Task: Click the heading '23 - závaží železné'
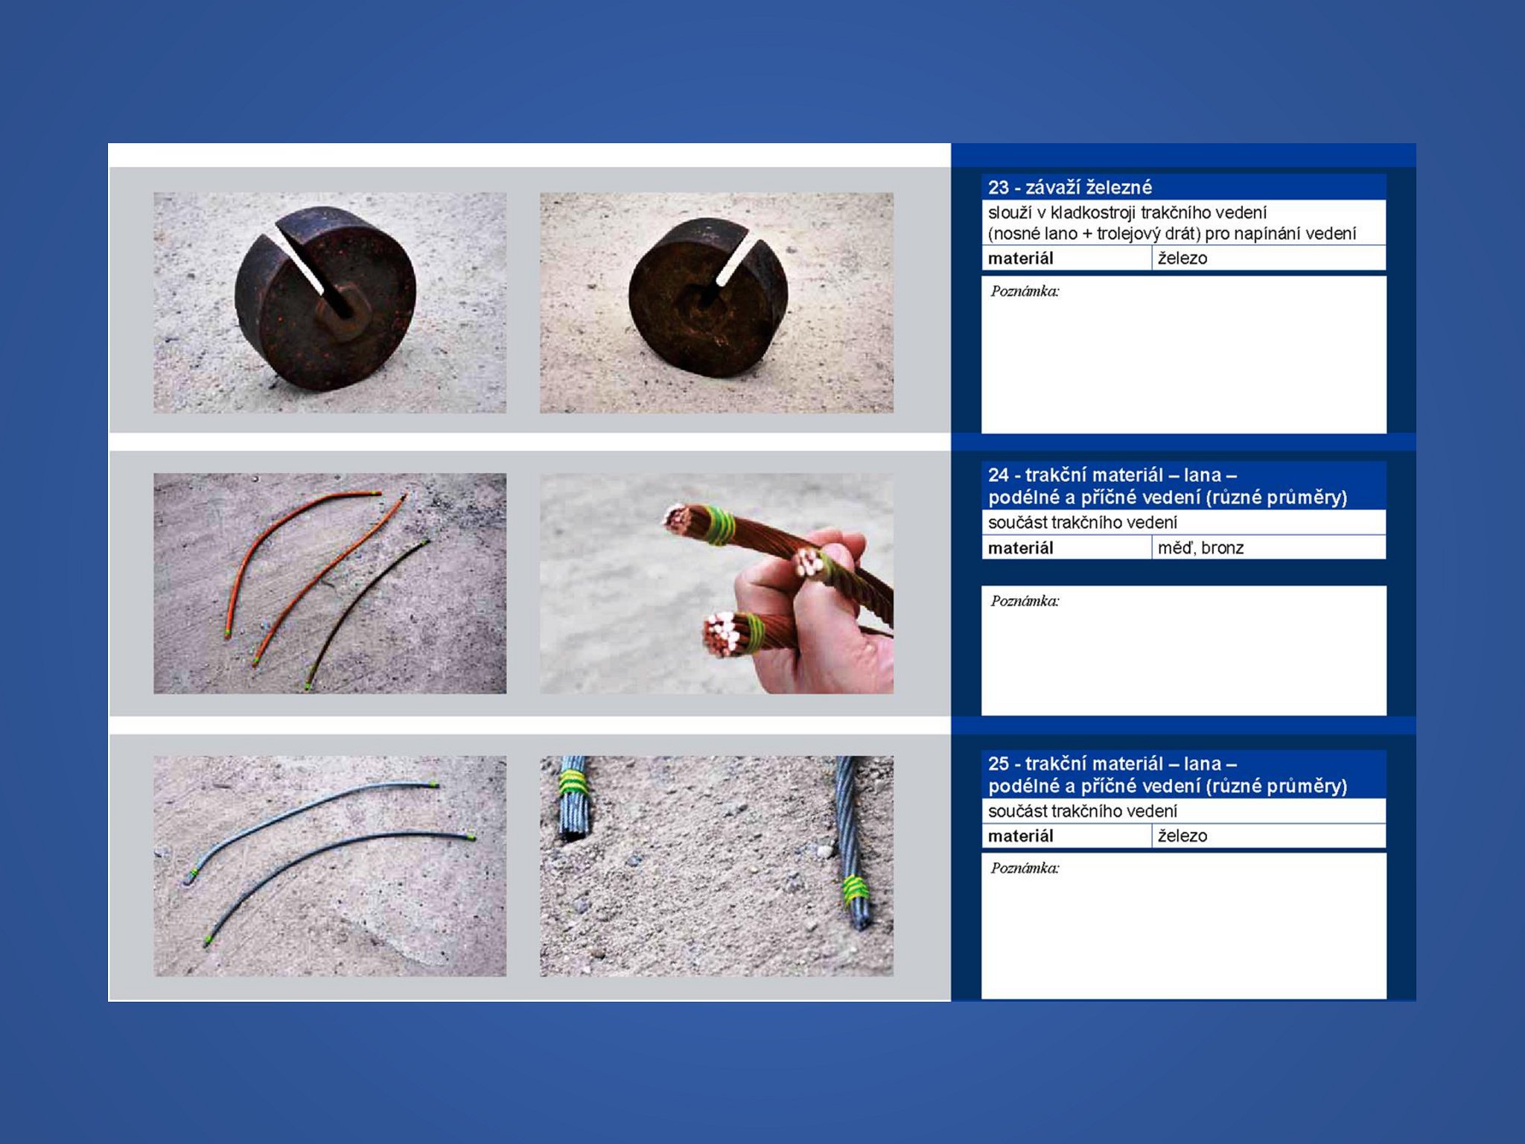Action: click(x=1069, y=187)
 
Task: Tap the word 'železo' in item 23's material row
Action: click(x=1182, y=258)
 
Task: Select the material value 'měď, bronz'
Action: click(x=1200, y=547)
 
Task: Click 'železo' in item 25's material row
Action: click(x=1182, y=836)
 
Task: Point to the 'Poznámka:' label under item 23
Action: click(x=1025, y=291)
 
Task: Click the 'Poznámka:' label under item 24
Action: click(x=1025, y=601)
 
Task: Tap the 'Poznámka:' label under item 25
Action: click(x=1025, y=868)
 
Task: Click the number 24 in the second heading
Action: click(x=999, y=475)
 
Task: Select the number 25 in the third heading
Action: click(x=999, y=763)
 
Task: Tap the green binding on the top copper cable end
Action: click(x=719, y=525)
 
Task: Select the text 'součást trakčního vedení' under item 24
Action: click(x=1083, y=522)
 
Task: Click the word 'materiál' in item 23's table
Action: click(x=1020, y=258)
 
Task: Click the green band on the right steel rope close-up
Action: click(x=856, y=889)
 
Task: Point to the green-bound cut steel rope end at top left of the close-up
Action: click(x=573, y=798)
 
